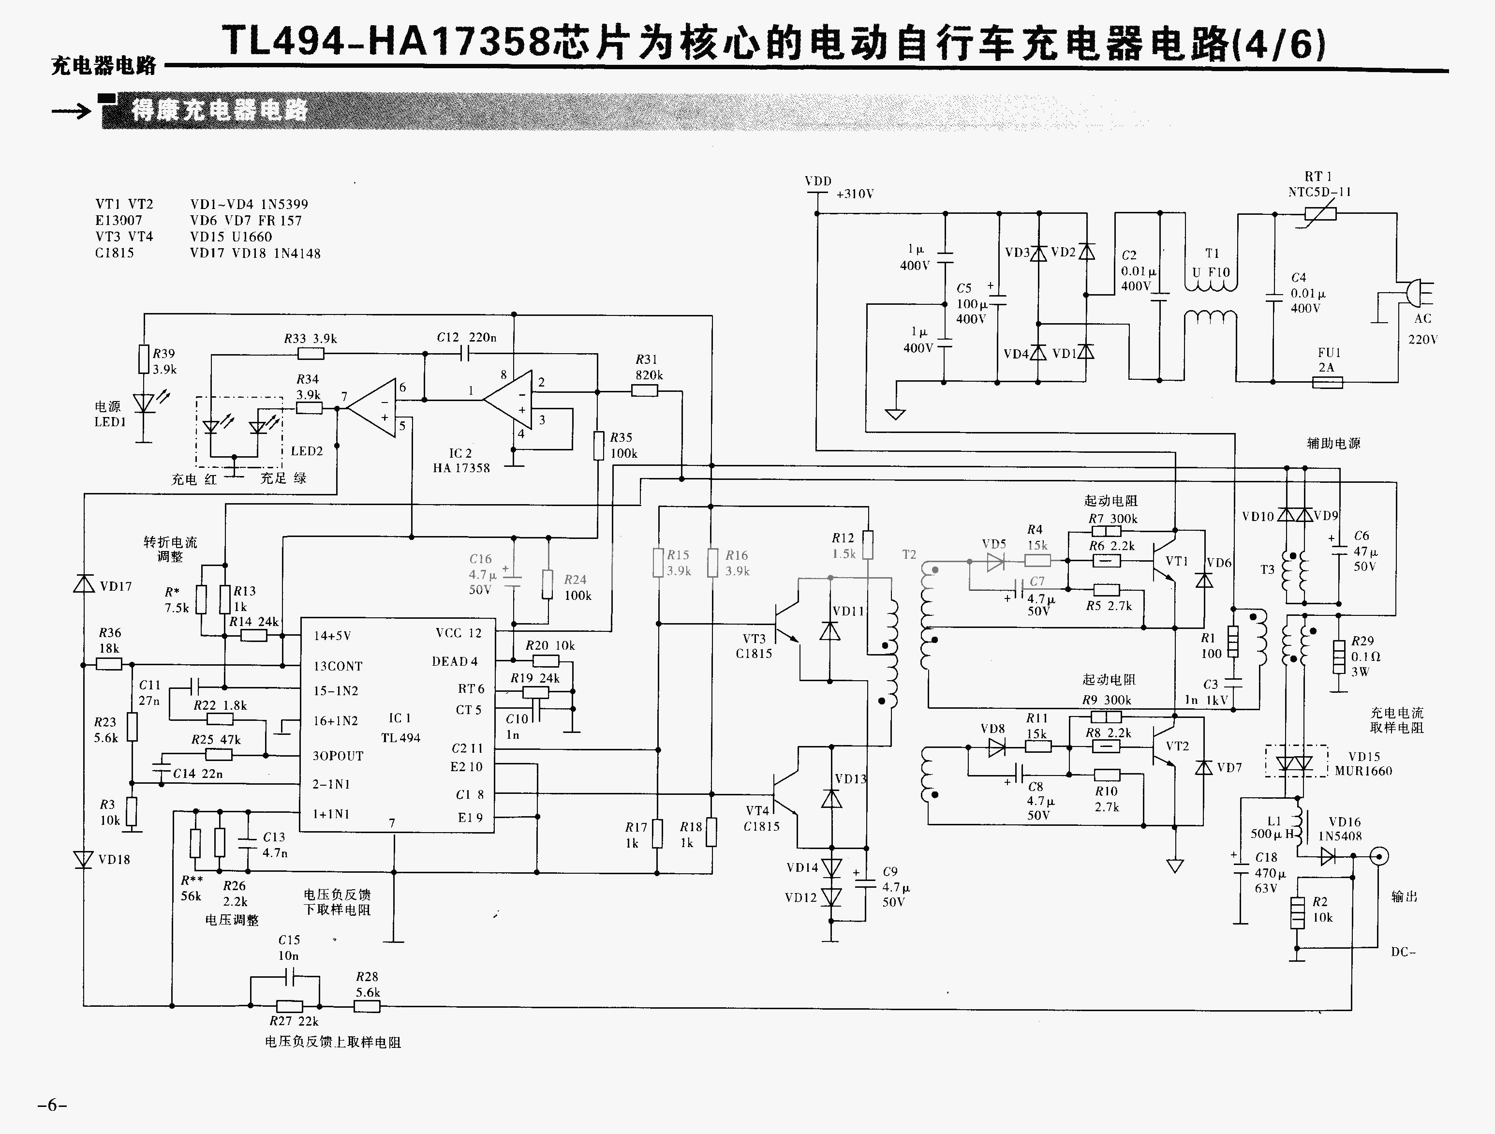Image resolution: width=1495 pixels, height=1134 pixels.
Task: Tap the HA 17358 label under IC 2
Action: pos(461,468)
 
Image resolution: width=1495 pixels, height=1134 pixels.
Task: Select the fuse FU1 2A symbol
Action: pos(1327,383)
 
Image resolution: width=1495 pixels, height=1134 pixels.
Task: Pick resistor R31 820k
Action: pos(644,390)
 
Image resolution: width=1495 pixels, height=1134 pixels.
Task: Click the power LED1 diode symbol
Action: pos(143,403)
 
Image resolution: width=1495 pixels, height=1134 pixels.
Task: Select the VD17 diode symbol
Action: pos(84,583)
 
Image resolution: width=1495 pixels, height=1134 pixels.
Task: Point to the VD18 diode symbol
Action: pos(84,859)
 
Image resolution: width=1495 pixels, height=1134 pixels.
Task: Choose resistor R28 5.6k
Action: pos(367,1006)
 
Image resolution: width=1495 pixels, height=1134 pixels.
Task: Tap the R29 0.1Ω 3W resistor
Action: pos(1339,657)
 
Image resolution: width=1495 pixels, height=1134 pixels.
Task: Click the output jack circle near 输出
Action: pos(1379,856)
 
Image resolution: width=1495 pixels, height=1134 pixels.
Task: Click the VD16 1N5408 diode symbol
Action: pos(1328,857)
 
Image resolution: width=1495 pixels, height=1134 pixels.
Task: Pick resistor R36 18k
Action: pos(109,665)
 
